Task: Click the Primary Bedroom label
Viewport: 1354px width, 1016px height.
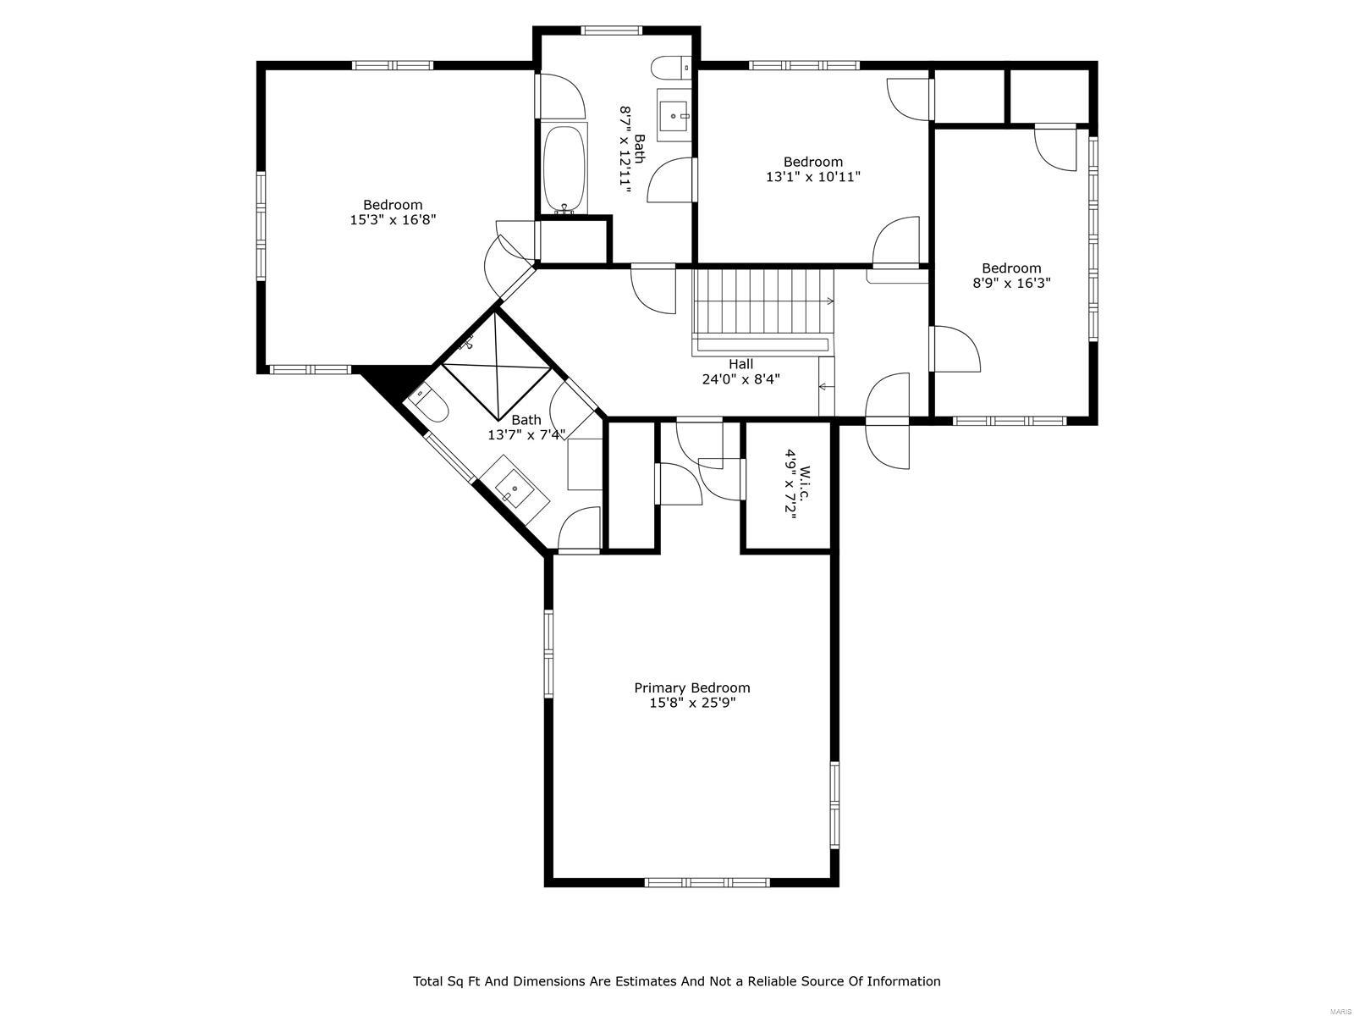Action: (x=692, y=687)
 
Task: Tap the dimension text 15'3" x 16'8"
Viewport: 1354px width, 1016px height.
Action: (x=393, y=219)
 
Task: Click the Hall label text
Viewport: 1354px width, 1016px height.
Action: (x=740, y=364)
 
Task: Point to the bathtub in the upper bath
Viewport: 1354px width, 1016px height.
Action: (x=564, y=168)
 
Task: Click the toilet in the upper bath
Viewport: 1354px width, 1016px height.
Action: (x=673, y=66)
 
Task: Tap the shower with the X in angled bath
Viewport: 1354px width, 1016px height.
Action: (x=497, y=367)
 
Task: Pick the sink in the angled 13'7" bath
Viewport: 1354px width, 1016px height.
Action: (x=515, y=489)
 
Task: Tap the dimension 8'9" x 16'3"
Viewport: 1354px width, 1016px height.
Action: (x=1011, y=284)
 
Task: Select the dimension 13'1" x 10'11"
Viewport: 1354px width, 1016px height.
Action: (x=812, y=177)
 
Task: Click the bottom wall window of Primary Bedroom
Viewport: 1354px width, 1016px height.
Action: (x=707, y=882)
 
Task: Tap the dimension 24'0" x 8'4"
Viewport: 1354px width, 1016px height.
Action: (x=740, y=379)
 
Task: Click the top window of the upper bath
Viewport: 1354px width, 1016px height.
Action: (x=611, y=30)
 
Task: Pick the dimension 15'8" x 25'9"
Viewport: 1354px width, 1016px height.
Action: (x=692, y=703)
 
